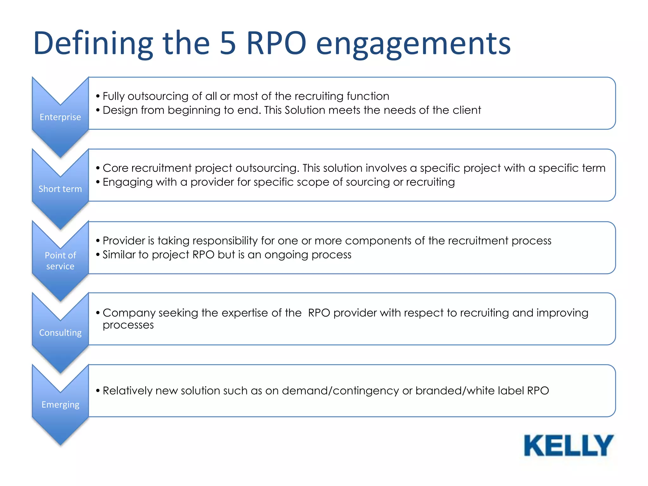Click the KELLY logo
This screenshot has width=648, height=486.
(568, 445)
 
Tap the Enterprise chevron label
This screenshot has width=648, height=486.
(60, 117)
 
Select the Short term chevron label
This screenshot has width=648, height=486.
(60, 189)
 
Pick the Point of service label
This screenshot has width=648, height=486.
(60, 261)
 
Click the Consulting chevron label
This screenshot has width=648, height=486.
(60, 333)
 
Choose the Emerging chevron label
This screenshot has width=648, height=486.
(60, 404)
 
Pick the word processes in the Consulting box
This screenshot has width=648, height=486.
(128, 325)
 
